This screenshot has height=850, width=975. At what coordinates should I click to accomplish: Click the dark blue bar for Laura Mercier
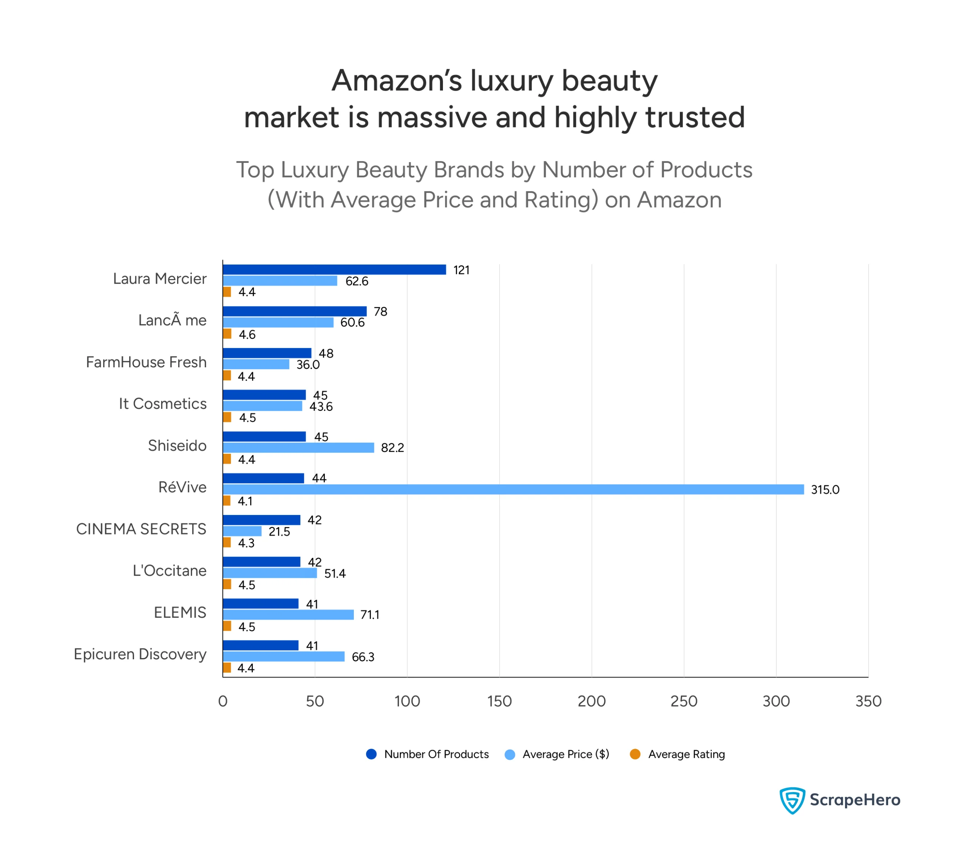click(334, 270)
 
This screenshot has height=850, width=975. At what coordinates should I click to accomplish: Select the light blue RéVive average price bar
click(513, 490)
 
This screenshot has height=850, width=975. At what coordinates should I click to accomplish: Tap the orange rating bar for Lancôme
click(227, 334)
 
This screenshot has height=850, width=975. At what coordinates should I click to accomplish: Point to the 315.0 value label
click(825, 490)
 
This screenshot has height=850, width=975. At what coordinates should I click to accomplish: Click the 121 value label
click(461, 270)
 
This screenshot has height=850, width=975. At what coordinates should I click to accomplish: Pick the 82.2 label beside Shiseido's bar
click(392, 448)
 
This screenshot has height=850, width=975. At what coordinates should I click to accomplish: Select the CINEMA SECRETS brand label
click(141, 529)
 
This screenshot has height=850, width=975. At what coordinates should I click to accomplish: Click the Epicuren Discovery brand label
click(140, 655)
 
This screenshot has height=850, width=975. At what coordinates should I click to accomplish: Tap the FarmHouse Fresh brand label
click(146, 362)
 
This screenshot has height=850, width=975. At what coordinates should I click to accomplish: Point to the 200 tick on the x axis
click(591, 702)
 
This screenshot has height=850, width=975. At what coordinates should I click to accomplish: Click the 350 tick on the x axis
click(868, 702)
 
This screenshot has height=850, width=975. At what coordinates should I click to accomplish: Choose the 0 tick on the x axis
click(223, 702)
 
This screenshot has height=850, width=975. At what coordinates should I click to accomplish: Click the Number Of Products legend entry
click(436, 755)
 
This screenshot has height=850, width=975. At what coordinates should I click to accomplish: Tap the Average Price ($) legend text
click(566, 755)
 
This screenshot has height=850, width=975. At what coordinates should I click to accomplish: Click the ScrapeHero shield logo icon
click(792, 800)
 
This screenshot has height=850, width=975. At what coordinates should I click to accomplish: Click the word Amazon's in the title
click(396, 81)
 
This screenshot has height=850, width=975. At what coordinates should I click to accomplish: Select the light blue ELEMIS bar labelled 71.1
click(288, 615)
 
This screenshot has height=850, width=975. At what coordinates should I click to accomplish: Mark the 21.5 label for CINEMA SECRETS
click(279, 532)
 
